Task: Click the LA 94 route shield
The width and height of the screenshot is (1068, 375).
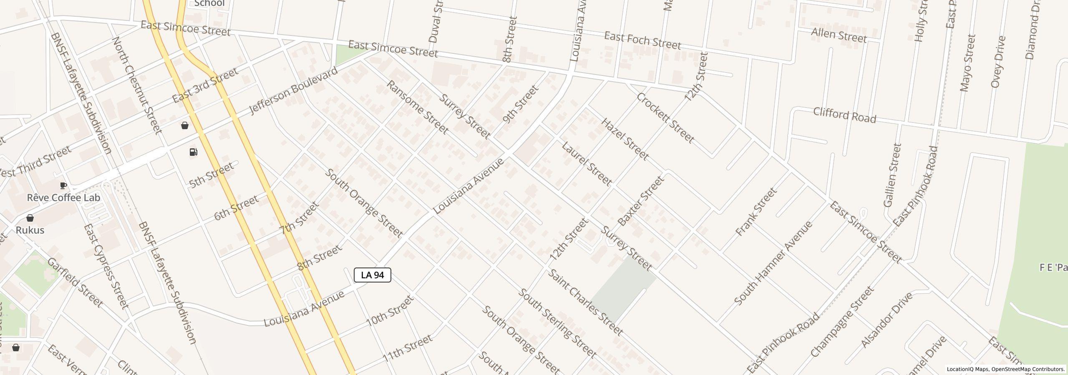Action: point(372,275)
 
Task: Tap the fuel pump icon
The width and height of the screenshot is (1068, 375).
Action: point(194,152)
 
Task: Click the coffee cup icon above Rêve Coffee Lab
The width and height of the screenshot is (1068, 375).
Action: point(63,185)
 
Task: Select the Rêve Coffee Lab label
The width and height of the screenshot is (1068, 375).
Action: point(63,197)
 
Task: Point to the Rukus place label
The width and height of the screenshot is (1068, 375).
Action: point(30,230)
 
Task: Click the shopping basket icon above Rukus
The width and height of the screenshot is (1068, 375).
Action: point(30,218)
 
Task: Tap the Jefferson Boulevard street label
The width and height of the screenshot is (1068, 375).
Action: point(293,91)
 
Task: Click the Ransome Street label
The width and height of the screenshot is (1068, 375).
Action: point(417,107)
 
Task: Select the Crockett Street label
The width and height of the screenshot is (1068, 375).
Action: point(665,118)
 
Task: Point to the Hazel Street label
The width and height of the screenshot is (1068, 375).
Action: point(625,139)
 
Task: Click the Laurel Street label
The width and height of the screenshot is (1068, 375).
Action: point(587,164)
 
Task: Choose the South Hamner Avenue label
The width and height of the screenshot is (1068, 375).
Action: point(773,263)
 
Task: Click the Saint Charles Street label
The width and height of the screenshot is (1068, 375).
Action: point(585,303)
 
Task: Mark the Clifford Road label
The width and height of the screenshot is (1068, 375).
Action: point(844,115)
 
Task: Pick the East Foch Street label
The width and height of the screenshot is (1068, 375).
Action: point(642,40)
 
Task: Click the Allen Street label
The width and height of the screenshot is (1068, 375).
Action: point(839,35)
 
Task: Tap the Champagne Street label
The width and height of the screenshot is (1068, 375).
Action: point(842,322)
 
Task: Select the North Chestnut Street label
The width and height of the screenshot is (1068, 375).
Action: point(136,85)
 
